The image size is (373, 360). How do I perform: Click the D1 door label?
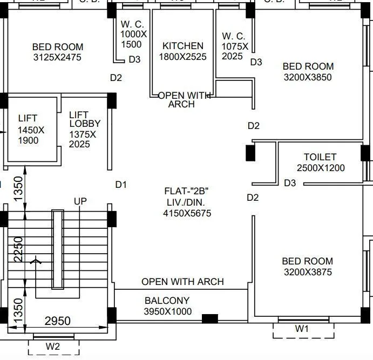[121, 185]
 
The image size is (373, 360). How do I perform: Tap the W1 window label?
[302, 329]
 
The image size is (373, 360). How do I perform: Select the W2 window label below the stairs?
[52, 347]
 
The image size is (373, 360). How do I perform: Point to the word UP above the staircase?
[80, 201]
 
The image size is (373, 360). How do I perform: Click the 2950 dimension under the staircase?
[57, 321]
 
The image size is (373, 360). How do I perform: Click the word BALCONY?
[167, 301]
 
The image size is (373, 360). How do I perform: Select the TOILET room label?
[320, 157]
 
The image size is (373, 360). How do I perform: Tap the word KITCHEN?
[183, 46]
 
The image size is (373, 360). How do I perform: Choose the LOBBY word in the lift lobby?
[84, 124]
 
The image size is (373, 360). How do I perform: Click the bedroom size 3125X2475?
[57, 57]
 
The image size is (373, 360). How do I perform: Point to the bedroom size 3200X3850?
[308, 77]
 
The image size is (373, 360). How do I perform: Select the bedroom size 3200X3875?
[307, 272]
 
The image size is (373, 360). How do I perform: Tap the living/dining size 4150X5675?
[187, 213]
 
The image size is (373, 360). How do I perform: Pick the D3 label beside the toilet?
[290, 183]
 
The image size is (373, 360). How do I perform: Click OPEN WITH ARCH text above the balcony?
[182, 282]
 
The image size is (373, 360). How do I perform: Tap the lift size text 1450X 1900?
[31, 135]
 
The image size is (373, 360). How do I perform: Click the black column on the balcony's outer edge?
[209, 318]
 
